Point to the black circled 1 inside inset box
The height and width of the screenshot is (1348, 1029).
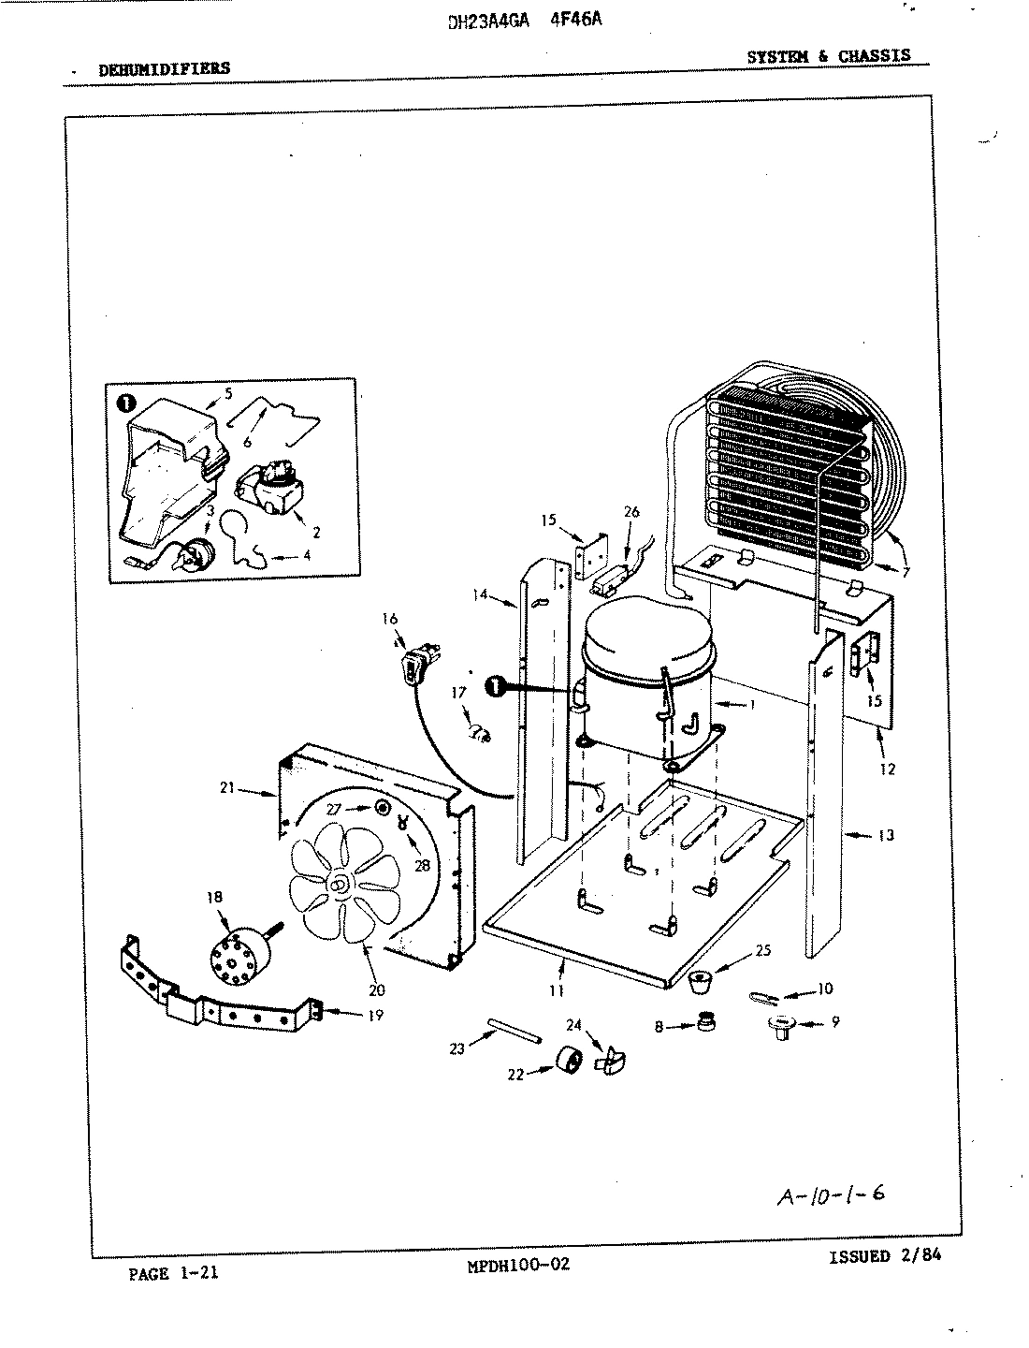(124, 403)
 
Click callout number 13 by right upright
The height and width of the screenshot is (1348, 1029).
(886, 835)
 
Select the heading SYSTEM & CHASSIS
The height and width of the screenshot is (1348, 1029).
(828, 55)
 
